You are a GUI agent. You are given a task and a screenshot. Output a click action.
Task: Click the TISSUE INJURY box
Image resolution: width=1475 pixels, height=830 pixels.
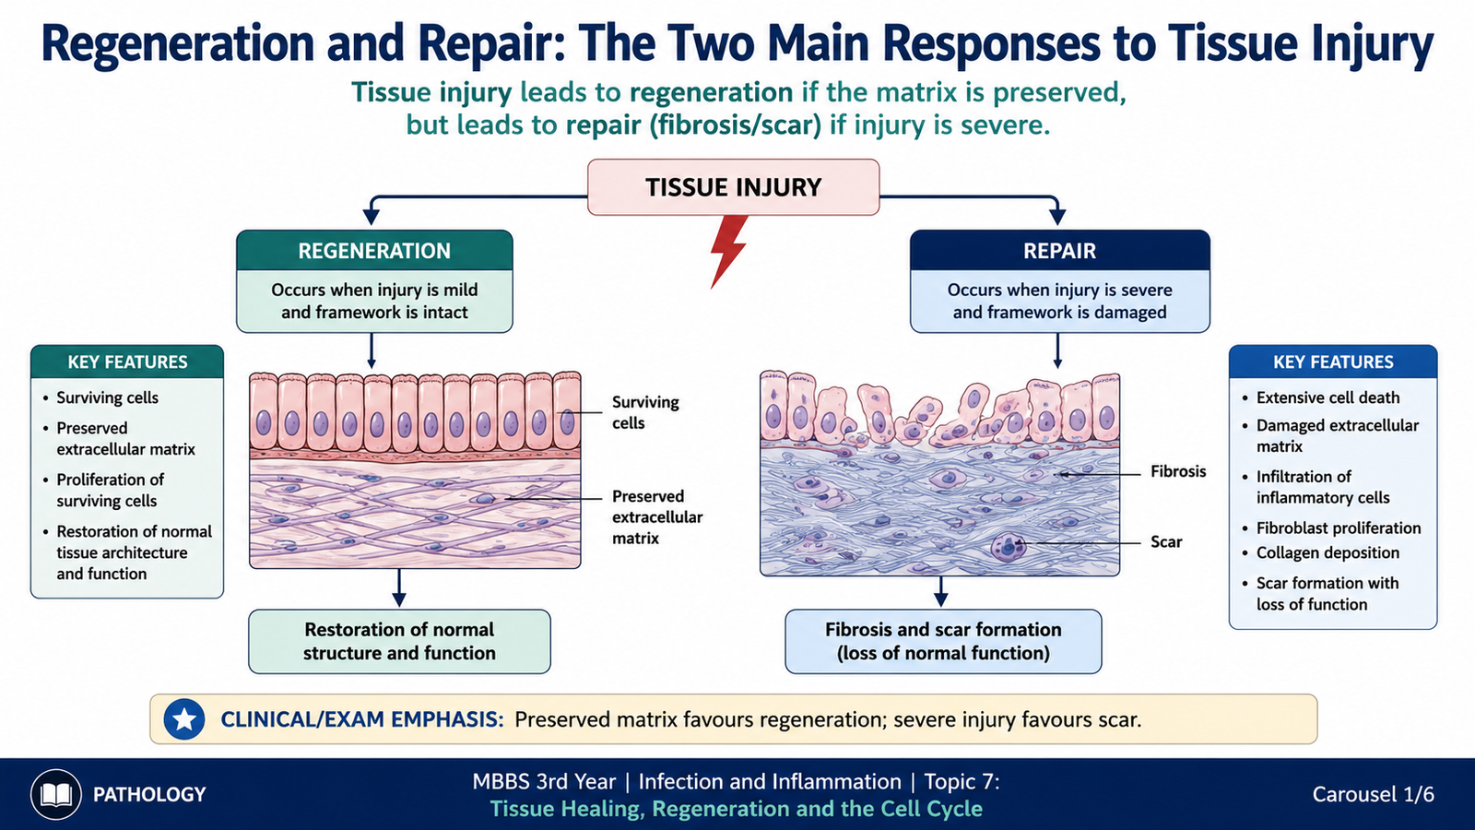(x=733, y=187)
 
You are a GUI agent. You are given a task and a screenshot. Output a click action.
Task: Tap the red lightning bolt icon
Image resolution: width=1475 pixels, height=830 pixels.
(x=729, y=250)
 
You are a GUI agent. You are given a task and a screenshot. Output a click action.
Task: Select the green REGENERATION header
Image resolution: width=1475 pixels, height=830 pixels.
(x=374, y=250)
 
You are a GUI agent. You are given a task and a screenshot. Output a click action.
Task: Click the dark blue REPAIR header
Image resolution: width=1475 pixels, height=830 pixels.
(x=1059, y=250)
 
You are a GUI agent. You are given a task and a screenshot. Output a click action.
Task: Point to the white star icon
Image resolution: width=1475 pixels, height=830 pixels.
(x=183, y=719)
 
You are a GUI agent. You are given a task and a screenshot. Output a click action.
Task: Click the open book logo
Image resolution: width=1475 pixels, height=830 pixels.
(x=56, y=794)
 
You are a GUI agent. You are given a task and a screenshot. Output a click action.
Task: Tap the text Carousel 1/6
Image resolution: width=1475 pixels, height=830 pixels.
(x=1373, y=794)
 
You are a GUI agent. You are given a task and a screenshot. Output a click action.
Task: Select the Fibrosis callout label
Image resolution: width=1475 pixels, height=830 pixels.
(x=1178, y=471)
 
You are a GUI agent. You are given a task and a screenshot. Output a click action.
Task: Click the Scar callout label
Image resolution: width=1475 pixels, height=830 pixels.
(x=1166, y=542)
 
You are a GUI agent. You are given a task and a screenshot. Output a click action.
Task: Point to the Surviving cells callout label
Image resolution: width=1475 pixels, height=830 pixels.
(x=645, y=412)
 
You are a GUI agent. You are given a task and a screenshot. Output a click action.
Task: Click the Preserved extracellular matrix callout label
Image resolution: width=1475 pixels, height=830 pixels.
(x=657, y=517)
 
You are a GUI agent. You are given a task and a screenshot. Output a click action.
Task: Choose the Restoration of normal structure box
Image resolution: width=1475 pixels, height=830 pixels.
(x=399, y=641)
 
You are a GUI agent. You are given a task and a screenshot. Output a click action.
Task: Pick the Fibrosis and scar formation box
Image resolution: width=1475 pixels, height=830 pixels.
(x=943, y=641)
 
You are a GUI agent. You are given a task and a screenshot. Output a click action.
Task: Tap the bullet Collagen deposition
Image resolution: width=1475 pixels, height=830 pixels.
(x=1327, y=552)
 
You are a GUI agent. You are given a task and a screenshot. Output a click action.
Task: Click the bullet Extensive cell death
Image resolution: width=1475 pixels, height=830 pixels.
(x=1327, y=397)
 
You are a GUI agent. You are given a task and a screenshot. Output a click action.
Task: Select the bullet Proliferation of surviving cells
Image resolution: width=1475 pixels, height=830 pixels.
(x=110, y=490)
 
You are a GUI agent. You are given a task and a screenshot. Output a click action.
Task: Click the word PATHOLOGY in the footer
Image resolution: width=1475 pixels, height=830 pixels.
(x=149, y=794)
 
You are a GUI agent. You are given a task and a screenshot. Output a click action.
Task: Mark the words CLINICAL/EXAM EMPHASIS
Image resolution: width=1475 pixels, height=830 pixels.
(x=362, y=719)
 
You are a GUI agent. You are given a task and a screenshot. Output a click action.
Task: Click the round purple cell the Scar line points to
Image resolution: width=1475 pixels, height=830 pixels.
(x=1009, y=547)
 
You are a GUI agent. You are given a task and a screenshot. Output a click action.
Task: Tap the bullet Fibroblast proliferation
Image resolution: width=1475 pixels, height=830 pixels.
(x=1338, y=528)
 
